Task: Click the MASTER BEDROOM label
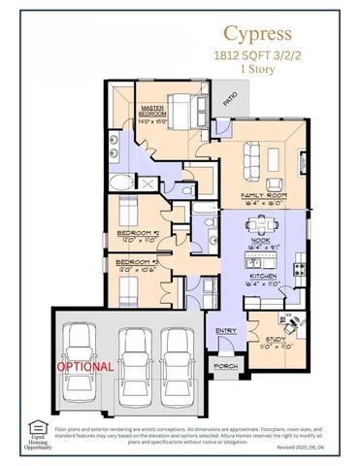click(152, 114)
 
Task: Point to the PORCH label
click(225, 366)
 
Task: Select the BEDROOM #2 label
click(138, 233)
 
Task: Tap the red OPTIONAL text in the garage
click(84, 368)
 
